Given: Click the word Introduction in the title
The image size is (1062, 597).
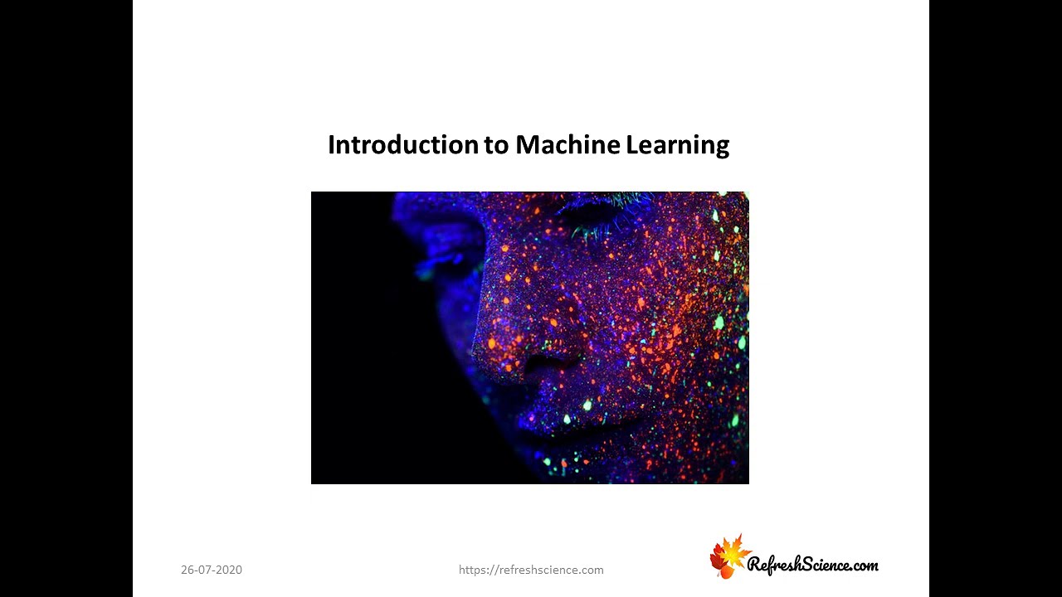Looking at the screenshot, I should tap(402, 145).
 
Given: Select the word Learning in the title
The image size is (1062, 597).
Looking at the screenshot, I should tap(677, 146).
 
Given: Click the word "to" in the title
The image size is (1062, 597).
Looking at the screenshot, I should tap(496, 146).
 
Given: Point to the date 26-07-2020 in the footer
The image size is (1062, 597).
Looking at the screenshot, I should tap(212, 570).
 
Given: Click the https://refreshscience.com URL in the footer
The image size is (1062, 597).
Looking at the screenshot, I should tap(531, 570).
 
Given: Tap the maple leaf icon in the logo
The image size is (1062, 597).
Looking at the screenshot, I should tap(728, 556).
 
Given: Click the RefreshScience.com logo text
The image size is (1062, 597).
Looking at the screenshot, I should tap(812, 565).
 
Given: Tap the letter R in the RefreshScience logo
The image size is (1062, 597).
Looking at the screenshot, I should tap(756, 565).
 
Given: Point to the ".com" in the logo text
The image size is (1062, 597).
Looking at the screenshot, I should tap(864, 565).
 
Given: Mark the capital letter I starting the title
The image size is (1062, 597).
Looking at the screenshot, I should tap(331, 145).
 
